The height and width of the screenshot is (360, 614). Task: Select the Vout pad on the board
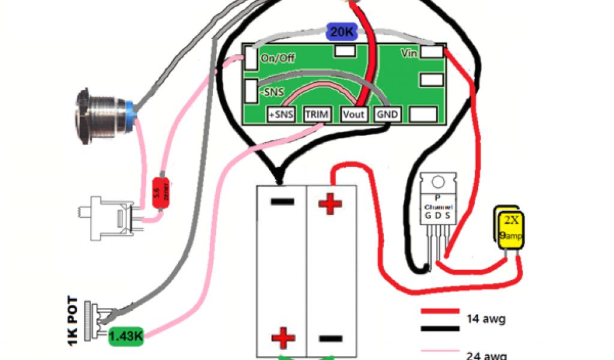353,114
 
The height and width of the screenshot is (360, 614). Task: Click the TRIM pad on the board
316,114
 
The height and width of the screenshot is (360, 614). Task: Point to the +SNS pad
280,114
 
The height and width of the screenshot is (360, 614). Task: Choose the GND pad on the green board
387,114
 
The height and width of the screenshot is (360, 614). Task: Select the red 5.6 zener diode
159,193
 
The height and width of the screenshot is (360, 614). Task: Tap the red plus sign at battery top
329,204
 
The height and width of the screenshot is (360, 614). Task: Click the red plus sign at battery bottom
282,338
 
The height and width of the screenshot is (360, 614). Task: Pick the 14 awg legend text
486,319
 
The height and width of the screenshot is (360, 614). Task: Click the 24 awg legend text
486,354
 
